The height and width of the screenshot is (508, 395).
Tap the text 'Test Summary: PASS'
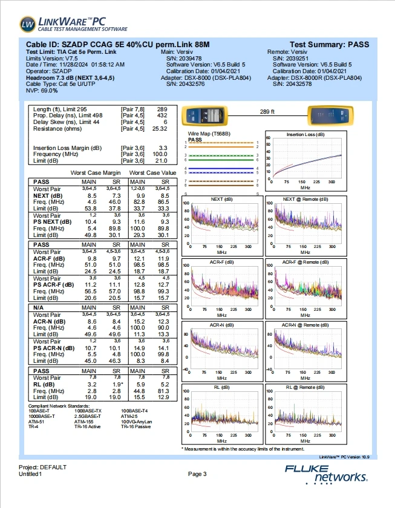point(329,45)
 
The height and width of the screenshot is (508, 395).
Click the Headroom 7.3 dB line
point(71,78)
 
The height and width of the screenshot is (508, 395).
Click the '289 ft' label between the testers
point(267,112)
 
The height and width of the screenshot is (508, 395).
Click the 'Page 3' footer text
point(197,474)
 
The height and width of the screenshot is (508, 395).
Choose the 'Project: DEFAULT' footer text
point(44,467)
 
